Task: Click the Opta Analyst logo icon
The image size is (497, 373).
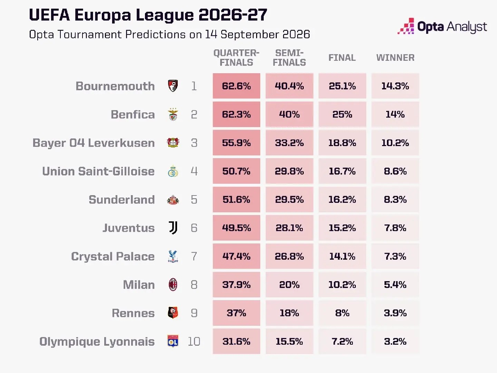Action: pos(406,26)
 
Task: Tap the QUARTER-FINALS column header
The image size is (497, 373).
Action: pos(236,58)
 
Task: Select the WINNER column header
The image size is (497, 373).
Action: pos(395,58)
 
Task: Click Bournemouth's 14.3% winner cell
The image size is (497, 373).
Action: pos(395,86)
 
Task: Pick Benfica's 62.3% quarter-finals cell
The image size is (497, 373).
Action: pos(236,114)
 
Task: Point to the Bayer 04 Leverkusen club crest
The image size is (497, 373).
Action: pos(173,143)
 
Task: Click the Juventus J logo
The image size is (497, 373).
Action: pos(173,228)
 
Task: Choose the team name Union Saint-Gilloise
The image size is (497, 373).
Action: pos(98,171)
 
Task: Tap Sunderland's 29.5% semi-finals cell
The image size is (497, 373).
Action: pos(289,200)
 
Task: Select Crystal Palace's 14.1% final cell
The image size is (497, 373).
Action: pos(342,256)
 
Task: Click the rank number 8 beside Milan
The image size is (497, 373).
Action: pos(194,285)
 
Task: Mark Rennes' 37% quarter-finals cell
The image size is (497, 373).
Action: pos(236,313)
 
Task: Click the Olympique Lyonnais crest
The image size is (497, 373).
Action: pos(173,341)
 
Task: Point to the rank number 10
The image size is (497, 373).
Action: pos(194,342)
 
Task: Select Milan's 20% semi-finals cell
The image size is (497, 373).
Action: pos(289,285)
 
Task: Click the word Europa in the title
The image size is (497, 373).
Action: pos(103,15)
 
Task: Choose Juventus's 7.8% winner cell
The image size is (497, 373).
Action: pos(395,228)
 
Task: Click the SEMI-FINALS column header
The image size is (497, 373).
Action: pos(289,58)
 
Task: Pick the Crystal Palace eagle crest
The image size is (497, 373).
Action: pos(173,256)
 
